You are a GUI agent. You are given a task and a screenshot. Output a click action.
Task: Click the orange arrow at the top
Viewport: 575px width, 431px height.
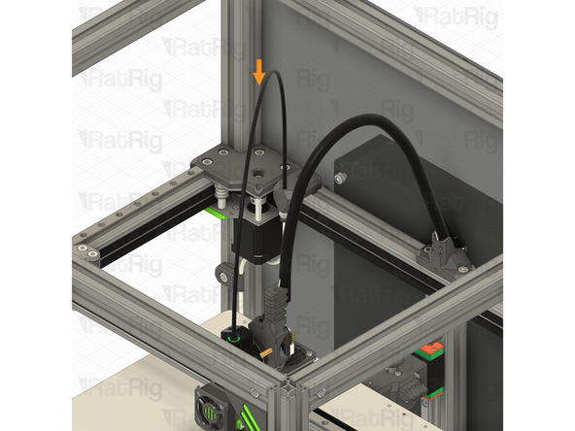pos(258,71)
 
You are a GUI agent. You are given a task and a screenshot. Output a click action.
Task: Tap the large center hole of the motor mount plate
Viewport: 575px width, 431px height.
pos(257,169)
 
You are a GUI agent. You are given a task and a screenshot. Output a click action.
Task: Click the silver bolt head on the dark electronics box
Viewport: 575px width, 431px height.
pos(342,179)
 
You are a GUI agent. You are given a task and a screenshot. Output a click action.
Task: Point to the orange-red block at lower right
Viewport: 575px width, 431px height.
pos(427,348)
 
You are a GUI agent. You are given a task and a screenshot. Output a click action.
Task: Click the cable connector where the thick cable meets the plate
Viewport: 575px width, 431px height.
pos(283,198)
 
